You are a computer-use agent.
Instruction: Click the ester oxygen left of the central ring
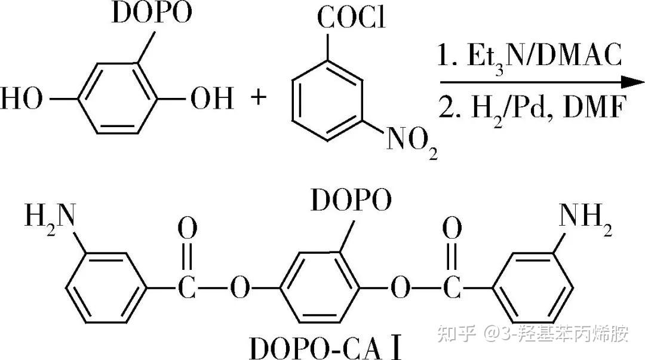[239, 290]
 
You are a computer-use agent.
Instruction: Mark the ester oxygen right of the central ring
[399, 290]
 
